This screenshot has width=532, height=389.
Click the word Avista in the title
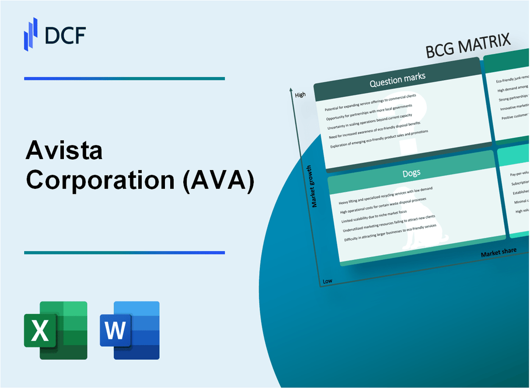click(x=64, y=151)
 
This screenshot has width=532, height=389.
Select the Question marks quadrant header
click(x=397, y=82)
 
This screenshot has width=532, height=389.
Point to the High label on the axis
click(x=300, y=95)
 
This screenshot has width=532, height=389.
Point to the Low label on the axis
click(x=327, y=281)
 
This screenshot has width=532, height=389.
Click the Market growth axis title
click(x=314, y=186)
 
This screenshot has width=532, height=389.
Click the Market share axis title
click(x=498, y=252)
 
